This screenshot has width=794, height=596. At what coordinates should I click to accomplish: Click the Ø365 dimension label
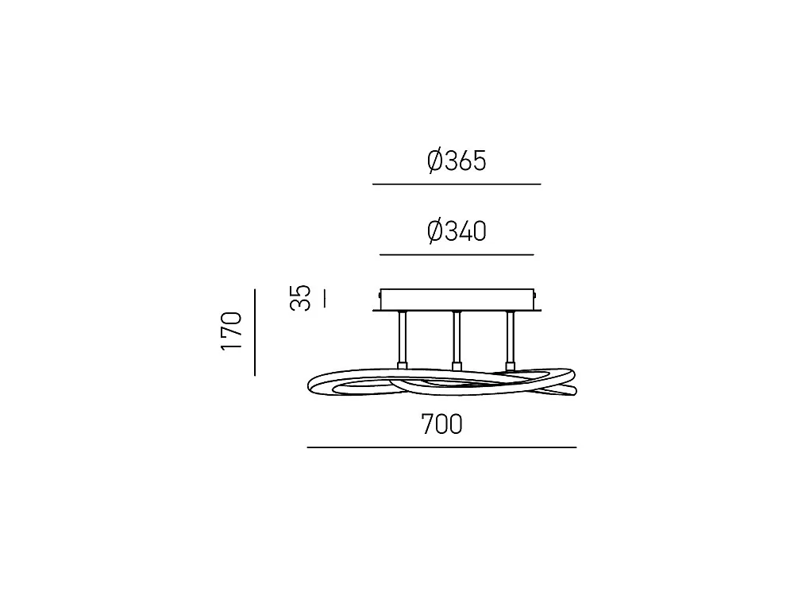point(457,161)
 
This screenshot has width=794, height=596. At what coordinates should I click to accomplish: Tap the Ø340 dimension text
point(457,231)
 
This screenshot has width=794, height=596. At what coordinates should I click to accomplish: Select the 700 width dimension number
point(441,424)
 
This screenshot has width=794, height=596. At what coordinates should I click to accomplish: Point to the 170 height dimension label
point(231,331)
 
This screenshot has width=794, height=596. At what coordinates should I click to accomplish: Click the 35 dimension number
point(300,297)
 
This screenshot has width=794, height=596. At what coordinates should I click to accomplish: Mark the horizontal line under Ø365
point(457,184)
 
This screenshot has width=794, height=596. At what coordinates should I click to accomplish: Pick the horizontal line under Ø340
point(457,254)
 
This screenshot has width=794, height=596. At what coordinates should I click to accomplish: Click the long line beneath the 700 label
point(441,447)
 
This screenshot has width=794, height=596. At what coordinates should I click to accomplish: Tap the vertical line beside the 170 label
point(255,332)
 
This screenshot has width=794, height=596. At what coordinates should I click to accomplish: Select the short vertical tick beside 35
point(324,298)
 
